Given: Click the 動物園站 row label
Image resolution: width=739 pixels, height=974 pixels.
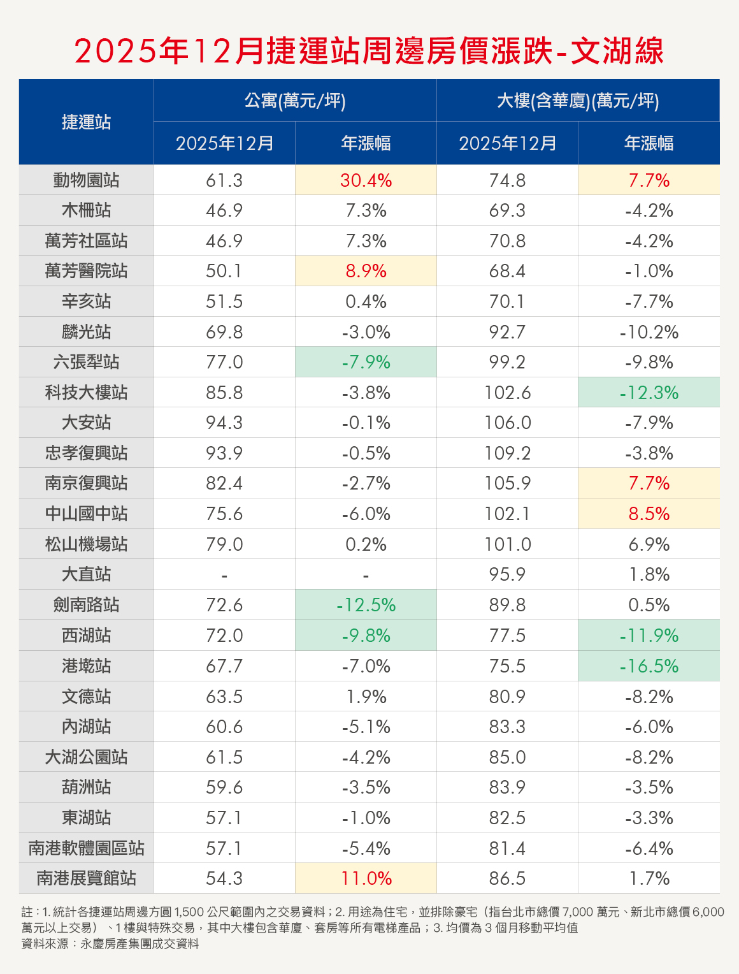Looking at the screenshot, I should (86, 180).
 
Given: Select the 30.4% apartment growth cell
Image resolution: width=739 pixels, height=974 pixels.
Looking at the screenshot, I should (366, 180).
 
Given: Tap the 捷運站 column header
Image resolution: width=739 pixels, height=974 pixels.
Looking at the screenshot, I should (86, 122).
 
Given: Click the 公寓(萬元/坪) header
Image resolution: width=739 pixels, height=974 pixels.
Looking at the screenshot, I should (295, 101).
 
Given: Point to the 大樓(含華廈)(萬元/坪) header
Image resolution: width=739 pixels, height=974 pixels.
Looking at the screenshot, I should (578, 101).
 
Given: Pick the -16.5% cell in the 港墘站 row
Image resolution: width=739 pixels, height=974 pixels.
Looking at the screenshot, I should (649, 666).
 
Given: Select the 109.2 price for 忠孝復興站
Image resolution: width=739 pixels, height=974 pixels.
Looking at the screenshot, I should (507, 453).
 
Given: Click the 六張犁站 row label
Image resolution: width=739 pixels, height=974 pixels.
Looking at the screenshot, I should (86, 362).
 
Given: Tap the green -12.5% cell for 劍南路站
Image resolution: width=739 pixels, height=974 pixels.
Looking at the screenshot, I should (366, 605).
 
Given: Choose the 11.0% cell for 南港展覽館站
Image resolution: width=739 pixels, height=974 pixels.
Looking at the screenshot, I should (366, 878).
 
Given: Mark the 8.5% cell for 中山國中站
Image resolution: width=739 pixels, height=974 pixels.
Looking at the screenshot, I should (649, 514).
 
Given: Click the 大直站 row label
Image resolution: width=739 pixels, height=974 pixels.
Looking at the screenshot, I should (86, 574).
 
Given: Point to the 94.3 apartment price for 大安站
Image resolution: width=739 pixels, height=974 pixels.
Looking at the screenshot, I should (224, 423).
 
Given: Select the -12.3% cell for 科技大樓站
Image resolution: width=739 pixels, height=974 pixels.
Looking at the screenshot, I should (649, 393).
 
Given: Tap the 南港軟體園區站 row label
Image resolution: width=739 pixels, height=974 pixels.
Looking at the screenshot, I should (86, 848).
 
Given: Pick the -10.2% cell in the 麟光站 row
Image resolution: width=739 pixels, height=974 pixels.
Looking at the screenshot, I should (649, 332).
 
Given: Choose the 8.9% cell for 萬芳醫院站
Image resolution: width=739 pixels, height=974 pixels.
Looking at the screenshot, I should (366, 271).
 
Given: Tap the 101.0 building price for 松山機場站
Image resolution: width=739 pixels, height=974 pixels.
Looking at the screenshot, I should (507, 544).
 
